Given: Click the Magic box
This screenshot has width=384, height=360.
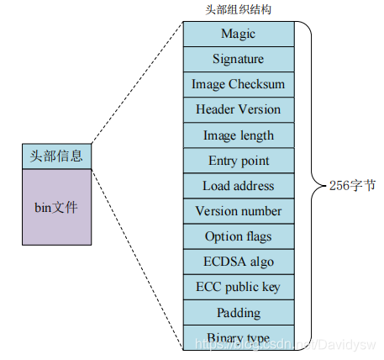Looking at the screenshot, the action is [239, 34].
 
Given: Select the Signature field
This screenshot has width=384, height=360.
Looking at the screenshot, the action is [239, 59].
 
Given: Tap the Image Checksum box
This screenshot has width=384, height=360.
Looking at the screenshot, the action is [239, 84].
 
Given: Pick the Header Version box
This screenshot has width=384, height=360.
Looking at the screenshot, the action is [239, 109].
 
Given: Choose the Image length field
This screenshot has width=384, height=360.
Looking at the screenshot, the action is [239, 135].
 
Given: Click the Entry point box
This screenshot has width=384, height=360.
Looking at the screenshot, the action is [239, 161].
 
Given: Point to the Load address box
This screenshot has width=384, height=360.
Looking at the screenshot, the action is [239, 186].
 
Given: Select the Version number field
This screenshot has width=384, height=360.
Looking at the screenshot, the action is [239, 211].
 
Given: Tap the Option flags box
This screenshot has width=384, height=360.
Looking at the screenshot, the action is [239, 236].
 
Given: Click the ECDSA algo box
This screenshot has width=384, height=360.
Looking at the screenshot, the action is [239, 262].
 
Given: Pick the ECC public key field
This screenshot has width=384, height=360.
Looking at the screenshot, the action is [239, 287].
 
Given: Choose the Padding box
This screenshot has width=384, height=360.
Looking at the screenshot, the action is [239, 312].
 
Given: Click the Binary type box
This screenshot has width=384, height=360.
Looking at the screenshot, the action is [239, 337].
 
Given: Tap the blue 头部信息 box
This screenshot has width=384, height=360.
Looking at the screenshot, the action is [57, 156].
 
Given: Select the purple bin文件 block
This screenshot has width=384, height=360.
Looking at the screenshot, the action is [57, 207].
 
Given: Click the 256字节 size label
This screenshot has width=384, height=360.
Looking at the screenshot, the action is [352, 186].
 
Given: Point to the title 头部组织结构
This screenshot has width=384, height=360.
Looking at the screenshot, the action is [239, 10].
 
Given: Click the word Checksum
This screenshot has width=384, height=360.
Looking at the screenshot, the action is [256, 84].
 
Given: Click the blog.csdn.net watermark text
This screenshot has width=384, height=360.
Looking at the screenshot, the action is [285, 344].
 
